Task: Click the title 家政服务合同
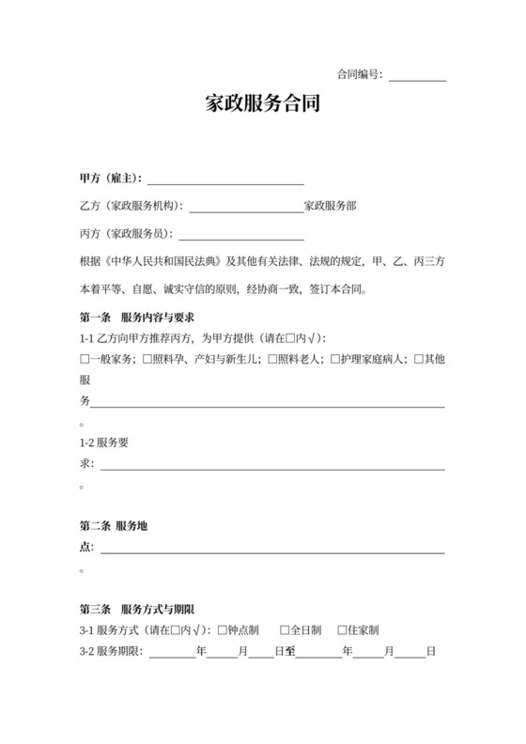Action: coord(263,104)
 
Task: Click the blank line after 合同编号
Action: coord(417,77)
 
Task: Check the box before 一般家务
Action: coord(85,359)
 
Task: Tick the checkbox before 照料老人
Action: coord(272,359)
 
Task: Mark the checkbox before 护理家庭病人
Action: coord(334,359)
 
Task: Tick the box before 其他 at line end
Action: coord(420,359)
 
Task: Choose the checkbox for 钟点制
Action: coord(222,630)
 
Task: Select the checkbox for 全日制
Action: coord(284,630)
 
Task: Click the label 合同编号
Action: coord(358,74)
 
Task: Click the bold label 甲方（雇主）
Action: coord(111,178)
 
